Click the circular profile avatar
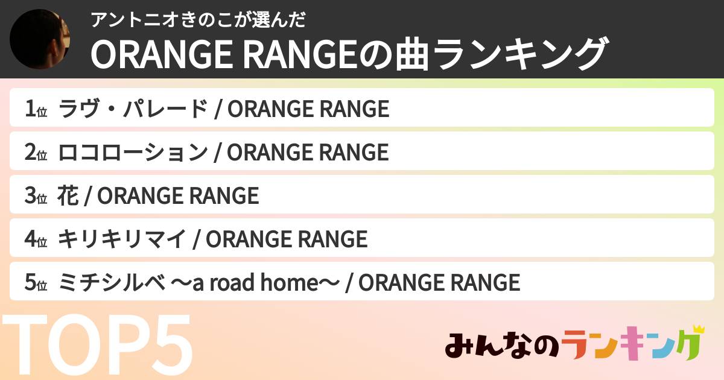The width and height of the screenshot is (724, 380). pyautogui.click(x=40, y=39)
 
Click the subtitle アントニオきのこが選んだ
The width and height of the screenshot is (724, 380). pyautogui.click(x=198, y=20)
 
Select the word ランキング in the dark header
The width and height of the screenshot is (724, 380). pyautogui.click(x=519, y=54)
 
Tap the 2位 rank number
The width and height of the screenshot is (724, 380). pyautogui.click(x=36, y=152)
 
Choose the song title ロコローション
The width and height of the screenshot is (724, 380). pyautogui.click(x=133, y=152)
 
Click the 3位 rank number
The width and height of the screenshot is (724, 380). pyautogui.click(x=36, y=195)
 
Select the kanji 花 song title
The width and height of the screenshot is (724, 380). pyautogui.click(x=68, y=195)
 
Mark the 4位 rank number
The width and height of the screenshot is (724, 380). pyautogui.click(x=36, y=239)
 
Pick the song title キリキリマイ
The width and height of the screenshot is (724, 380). pyautogui.click(x=122, y=239)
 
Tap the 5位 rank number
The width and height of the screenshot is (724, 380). pyautogui.click(x=36, y=282)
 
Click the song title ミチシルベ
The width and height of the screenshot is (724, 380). pyautogui.click(x=112, y=282)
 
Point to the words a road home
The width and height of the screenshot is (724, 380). pyautogui.click(x=255, y=282)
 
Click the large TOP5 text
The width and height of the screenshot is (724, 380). pyautogui.click(x=97, y=344)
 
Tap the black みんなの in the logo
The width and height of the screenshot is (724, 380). pyautogui.click(x=502, y=345)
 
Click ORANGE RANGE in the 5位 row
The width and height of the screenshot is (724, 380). pyautogui.click(x=439, y=282)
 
